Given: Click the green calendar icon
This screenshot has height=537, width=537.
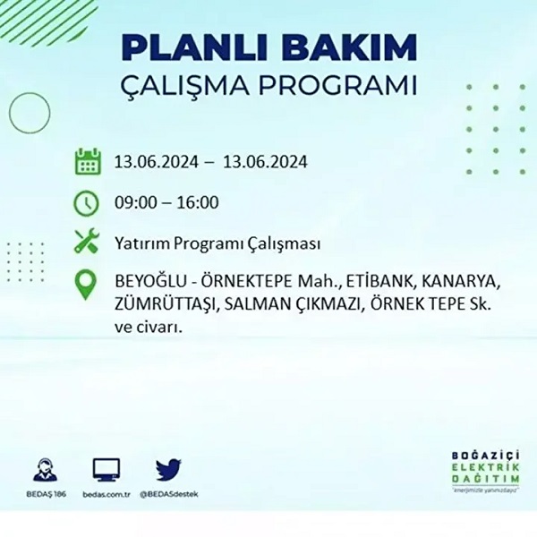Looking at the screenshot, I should pyautogui.click(x=87, y=163).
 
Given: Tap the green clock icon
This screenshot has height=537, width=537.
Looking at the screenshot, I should pyautogui.click(x=87, y=203).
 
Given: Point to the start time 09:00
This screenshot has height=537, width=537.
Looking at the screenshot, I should pyautogui.click(x=134, y=203).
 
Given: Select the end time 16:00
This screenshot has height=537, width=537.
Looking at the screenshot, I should pyautogui.click(x=198, y=203).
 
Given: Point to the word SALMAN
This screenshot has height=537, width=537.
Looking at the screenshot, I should pyautogui.click(x=256, y=306).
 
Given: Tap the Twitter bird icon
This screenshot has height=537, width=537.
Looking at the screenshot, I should pyautogui.click(x=168, y=470).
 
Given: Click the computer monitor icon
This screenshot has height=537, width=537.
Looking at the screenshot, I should pyautogui.click(x=107, y=470).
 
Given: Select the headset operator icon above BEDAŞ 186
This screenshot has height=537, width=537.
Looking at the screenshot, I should pyautogui.click(x=44, y=470).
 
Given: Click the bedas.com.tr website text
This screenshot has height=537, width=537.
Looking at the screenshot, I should pyautogui.click(x=107, y=494).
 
